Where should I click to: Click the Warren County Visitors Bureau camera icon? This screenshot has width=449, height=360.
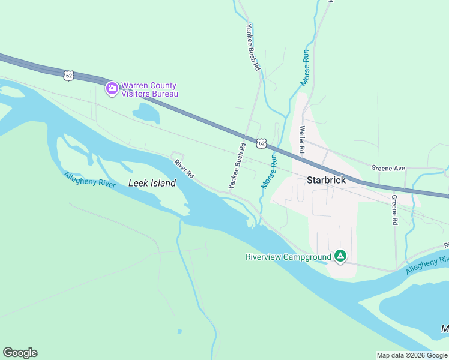112,89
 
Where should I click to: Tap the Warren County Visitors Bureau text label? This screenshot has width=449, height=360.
149,89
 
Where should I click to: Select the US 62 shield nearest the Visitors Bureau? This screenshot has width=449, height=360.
68,75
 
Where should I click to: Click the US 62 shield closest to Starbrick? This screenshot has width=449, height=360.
260,143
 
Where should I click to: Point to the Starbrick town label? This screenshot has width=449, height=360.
327,179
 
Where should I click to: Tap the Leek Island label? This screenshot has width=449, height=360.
152,184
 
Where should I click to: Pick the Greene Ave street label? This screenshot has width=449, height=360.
388,168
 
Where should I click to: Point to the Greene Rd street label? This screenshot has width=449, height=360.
394,209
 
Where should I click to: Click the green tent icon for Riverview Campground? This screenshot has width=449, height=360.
340,257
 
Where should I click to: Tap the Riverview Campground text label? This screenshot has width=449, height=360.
288,257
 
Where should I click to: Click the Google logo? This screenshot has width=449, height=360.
20,353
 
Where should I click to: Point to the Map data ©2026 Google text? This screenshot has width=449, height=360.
412,355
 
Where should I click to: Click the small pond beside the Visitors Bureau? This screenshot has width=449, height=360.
144,113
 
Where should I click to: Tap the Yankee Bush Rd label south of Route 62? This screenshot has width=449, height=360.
237,167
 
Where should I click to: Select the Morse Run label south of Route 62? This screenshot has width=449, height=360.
268,171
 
